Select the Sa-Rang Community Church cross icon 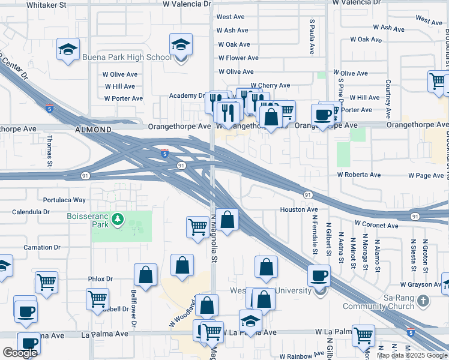[x=424, y=301]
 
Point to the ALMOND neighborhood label [x=94, y=130]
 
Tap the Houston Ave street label [x=298, y=209]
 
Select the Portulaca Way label [x=64, y=200]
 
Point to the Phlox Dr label [x=100, y=279]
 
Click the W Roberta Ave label [x=359, y=175]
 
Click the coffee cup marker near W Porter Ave [x=322, y=114]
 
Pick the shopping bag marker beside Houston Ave [x=228, y=220]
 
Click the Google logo [x=20, y=353]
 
